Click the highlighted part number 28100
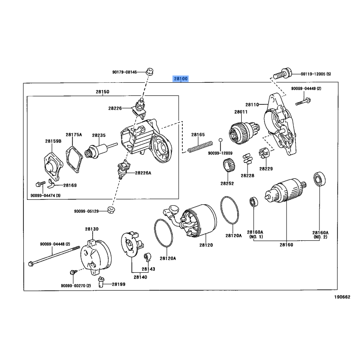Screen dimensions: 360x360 pyautogui.click(x=181, y=79)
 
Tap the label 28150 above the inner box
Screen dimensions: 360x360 pyautogui.click(x=102, y=92)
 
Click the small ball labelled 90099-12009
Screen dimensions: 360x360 pyautogui.click(x=220, y=141)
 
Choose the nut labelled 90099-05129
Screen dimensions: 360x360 pyautogui.click(x=110, y=210)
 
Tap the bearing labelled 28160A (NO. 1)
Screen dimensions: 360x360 pyautogui.click(x=253, y=202)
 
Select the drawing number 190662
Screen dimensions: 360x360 pyautogui.click(x=342, y=297)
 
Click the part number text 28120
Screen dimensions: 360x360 pyautogui.click(x=207, y=245)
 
